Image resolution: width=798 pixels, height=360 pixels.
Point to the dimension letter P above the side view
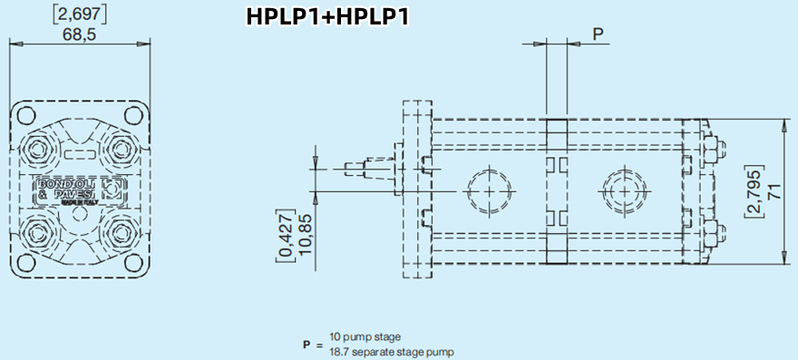click(x=598, y=34)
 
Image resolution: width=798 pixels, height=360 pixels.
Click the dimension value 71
click(x=774, y=190)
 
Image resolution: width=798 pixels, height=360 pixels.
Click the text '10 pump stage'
click(x=365, y=337)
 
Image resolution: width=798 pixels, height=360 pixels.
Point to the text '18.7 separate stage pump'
click(x=391, y=351)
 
